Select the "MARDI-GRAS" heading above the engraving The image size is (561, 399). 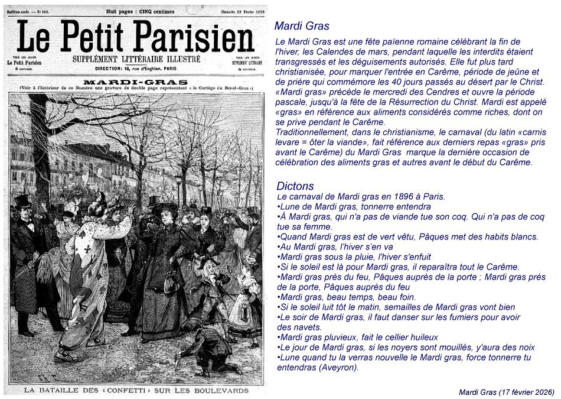[x=136, y=82]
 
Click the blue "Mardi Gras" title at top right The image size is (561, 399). [x=302, y=26]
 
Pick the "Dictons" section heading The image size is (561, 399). [x=295, y=186]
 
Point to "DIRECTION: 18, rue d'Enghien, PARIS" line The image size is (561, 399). [x=136, y=69]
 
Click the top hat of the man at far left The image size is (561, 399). [x=22, y=202]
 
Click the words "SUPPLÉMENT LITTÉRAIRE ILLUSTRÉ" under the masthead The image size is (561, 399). [x=136, y=59]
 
